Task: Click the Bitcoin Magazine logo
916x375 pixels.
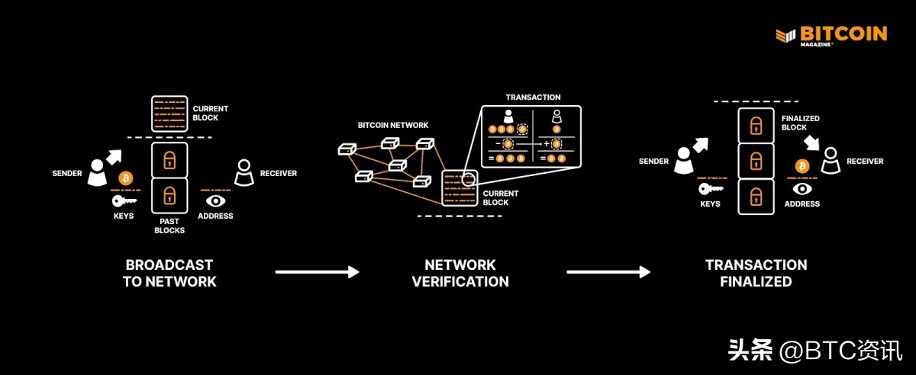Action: coord(831,36)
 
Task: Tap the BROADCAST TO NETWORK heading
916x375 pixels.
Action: coord(169,273)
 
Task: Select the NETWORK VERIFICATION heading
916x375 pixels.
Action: coord(460,273)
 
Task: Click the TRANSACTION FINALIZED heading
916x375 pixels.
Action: coord(756,273)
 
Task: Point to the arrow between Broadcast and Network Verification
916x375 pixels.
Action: coord(317,272)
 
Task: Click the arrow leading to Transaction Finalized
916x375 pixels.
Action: coord(608,272)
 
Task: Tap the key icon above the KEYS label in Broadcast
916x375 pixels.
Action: coord(124,201)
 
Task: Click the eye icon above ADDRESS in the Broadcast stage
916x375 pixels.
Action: coord(216,200)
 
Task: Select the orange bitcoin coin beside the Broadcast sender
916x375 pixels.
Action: coord(126,178)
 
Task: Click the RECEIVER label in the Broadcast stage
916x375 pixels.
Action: coord(279,174)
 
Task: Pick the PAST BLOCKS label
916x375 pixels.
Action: coord(169,225)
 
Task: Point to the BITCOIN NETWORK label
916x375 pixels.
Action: coord(393,125)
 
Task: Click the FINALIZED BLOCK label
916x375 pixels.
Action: coord(800,123)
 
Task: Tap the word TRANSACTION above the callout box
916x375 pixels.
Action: coord(533,98)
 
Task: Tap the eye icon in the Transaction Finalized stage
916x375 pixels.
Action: coord(801,189)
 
